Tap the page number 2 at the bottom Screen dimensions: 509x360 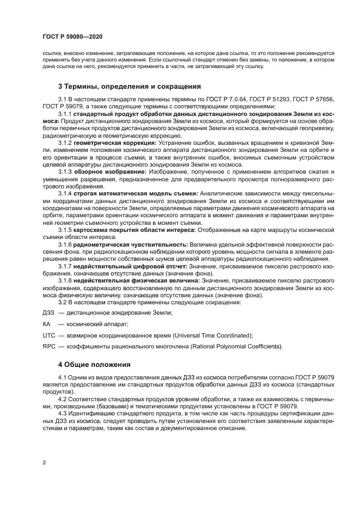pyautogui.click(x=44, y=463)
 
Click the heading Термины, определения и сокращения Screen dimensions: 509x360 pyautogui.click(x=130, y=86)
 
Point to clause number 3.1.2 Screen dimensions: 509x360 pyautogui.click(x=65, y=142)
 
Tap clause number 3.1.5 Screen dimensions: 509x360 pyautogui.click(x=65, y=229)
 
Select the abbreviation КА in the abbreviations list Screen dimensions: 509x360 pyautogui.click(x=46, y=323)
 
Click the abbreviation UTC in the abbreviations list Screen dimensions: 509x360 pyautogui.click(x=48, y=335)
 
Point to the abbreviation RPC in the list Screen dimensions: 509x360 pyautogui.click(x=48, y=347)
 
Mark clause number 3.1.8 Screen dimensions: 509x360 pyautogui.click(x=65, y=280)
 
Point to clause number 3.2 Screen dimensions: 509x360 pyautogui.click(x=62, y=302)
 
